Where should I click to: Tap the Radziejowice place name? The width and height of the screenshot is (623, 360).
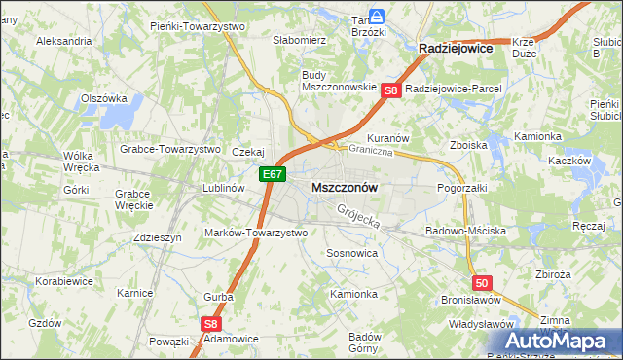pos(455,47)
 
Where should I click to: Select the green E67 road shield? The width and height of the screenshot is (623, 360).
pos(273,174)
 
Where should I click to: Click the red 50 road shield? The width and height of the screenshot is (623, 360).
pos(482,283)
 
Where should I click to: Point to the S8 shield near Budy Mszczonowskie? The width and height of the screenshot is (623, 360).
pos(390,91)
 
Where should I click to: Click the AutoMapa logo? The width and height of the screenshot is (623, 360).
pos(561,341)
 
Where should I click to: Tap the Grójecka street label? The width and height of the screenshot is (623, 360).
pos(357,215)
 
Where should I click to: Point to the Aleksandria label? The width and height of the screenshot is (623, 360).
pos(63,42)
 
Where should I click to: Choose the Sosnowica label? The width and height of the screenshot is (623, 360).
pos(351,252)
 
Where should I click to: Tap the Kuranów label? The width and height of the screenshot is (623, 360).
pos(387,138)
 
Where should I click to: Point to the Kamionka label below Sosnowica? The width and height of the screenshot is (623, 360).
pos(352,294)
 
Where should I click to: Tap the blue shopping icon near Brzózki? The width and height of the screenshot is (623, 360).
pos(380,17)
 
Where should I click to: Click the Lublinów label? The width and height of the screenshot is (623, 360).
pos(221,189)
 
